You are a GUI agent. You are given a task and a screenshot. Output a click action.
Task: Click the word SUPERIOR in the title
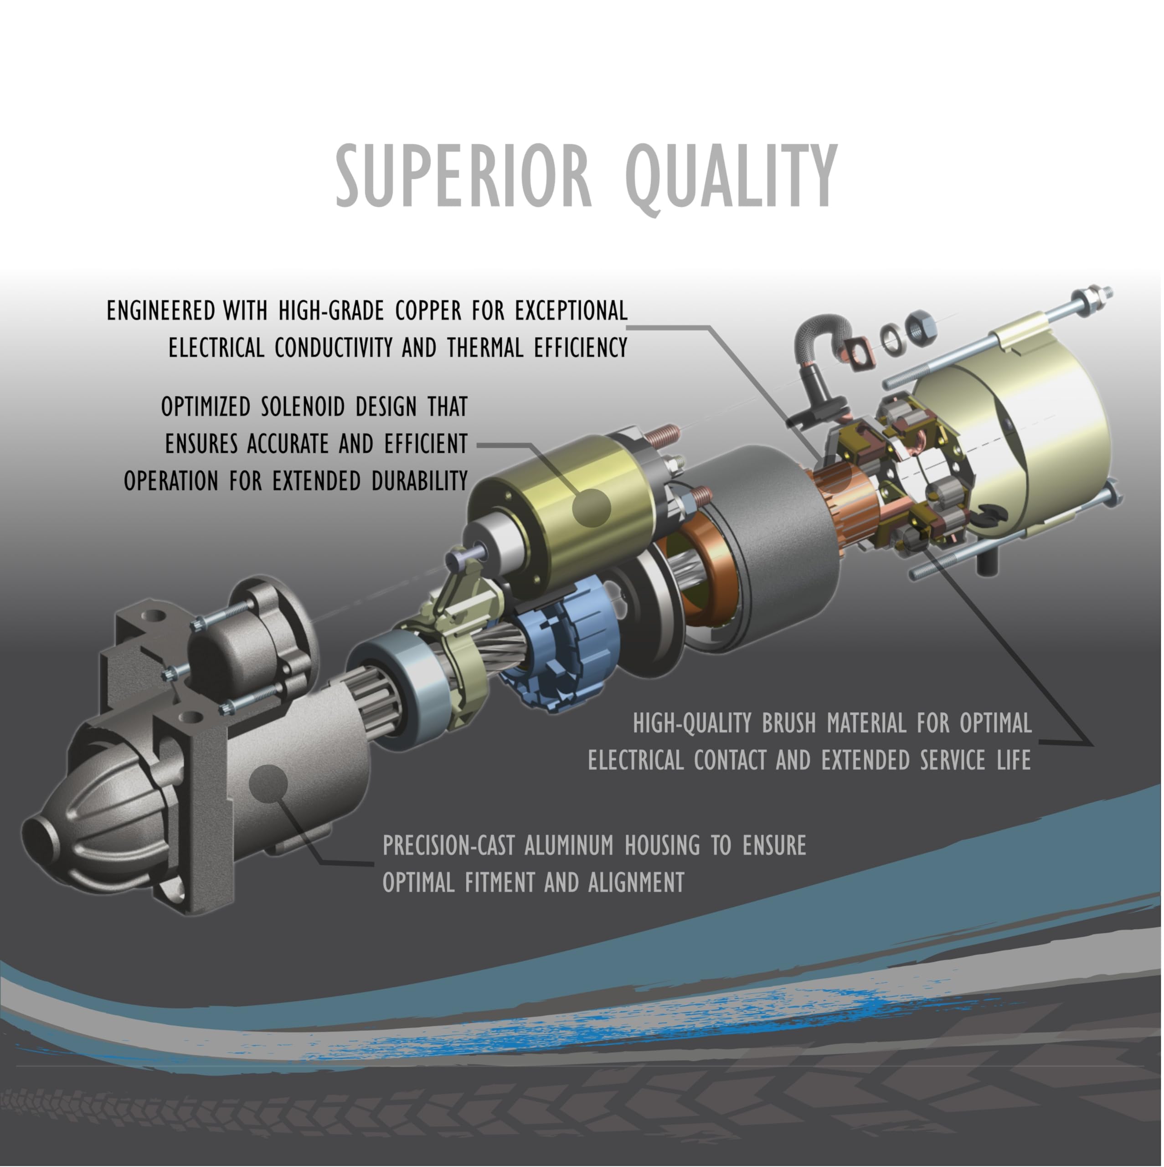coord(463,176)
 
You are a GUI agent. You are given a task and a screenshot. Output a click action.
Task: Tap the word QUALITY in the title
coord(731,176)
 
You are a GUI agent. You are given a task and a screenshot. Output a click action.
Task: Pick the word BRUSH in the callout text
coord(788,723)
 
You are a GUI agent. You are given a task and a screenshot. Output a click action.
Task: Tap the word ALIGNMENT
coord(636,883)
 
